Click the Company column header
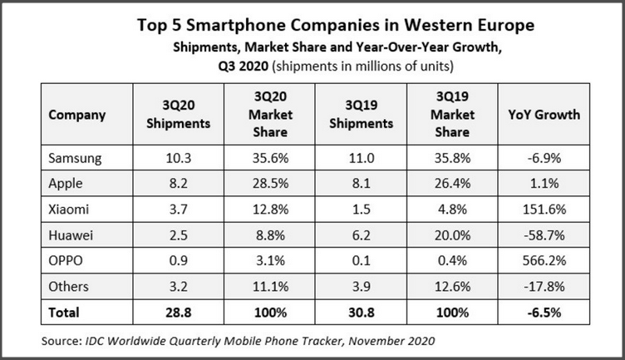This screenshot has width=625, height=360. [x=77, y=115]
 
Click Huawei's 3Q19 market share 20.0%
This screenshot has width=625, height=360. [x=453, y=235]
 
